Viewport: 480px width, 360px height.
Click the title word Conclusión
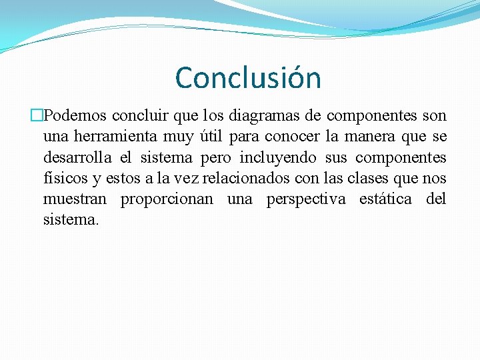[248, 78]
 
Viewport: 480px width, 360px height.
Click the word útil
[209, 137]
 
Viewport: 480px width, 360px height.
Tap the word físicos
[63, 179]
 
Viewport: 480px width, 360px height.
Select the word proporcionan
[167, 200]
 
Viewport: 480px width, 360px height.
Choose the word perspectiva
[306, 200]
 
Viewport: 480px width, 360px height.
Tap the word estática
[385, 199]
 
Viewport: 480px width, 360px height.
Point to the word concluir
[141, 116]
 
